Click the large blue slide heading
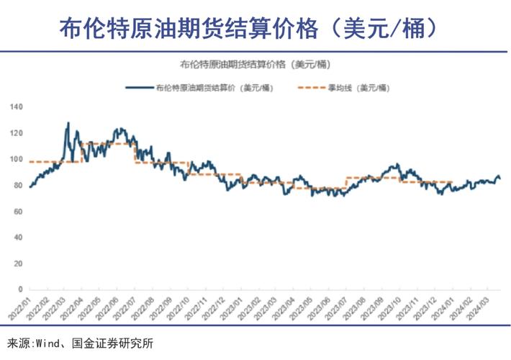pos(248,29)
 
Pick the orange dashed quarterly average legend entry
pos(343,87)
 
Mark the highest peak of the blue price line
pos(68,123)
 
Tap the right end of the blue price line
pos(501,179)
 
